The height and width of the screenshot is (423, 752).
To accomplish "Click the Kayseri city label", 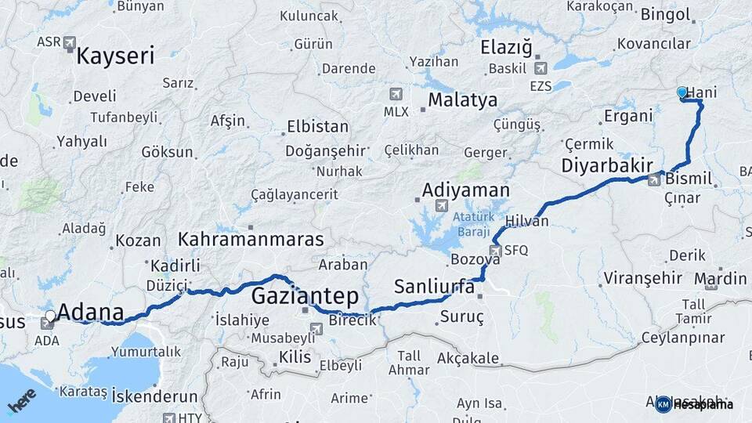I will point(115,56).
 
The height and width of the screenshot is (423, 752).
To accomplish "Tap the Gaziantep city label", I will point(305,296).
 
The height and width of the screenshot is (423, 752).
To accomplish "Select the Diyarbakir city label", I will point(607,165).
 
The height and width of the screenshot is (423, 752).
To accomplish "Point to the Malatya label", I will point(462,99).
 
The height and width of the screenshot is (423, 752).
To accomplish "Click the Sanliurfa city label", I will point(434,287).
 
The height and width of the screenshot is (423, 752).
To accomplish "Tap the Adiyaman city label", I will point(465,190).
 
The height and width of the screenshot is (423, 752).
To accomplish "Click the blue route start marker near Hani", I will point(681,92).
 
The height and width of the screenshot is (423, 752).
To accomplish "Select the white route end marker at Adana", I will point(51,316).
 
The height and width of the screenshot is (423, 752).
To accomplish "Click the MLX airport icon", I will point(396,94).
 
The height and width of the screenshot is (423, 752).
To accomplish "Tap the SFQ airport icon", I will point(495,251).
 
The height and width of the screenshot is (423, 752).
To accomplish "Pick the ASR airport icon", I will point(70,42).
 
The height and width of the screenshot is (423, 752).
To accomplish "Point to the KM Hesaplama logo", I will point(694,404).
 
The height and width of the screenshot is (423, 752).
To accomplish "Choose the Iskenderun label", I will point(154,395).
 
